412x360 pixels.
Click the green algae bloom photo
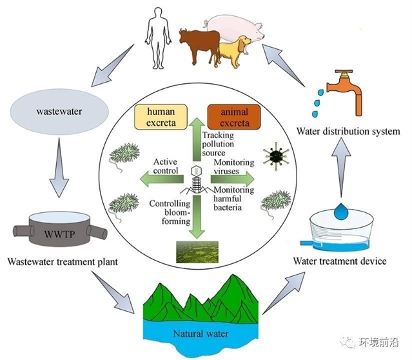[194, 252]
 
